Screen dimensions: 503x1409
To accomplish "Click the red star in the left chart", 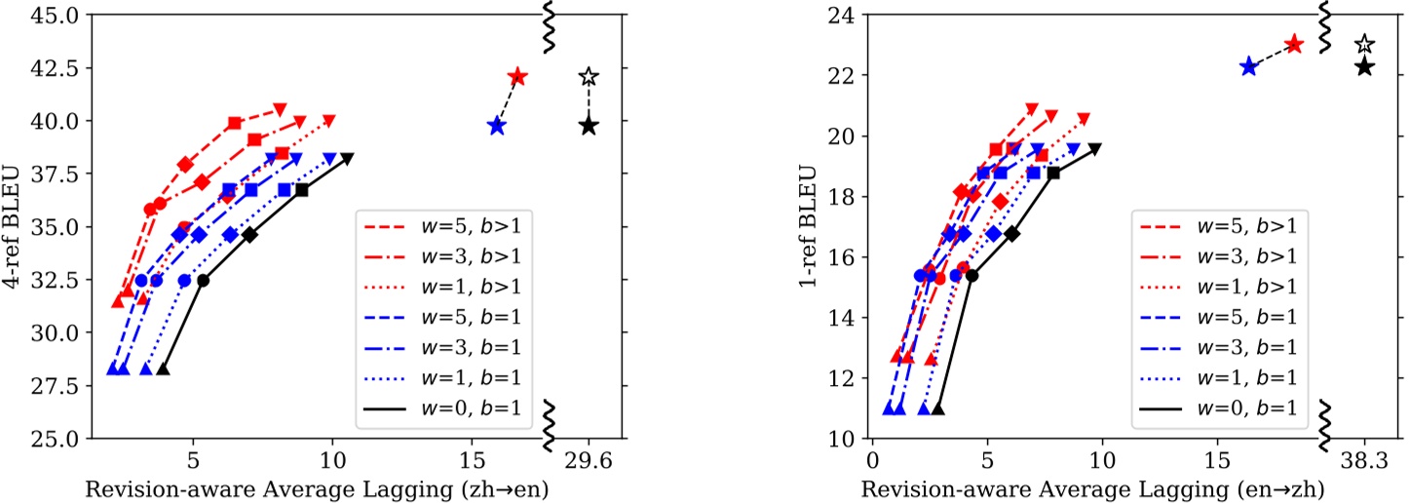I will [516, 76].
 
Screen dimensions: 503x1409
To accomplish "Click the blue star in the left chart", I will [497, 125].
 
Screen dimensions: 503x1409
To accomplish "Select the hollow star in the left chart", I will [588, 76].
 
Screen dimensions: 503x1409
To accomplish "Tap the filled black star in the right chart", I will [1364, 66].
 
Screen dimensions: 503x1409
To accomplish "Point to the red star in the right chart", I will [1293, 44].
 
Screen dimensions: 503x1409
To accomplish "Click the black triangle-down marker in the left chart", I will [347, 158].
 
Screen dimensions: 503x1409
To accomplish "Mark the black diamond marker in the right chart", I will [1012, 233].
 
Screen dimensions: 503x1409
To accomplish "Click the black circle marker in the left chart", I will [203, 280].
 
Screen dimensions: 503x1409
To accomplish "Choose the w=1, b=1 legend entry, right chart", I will [1222, 376].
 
